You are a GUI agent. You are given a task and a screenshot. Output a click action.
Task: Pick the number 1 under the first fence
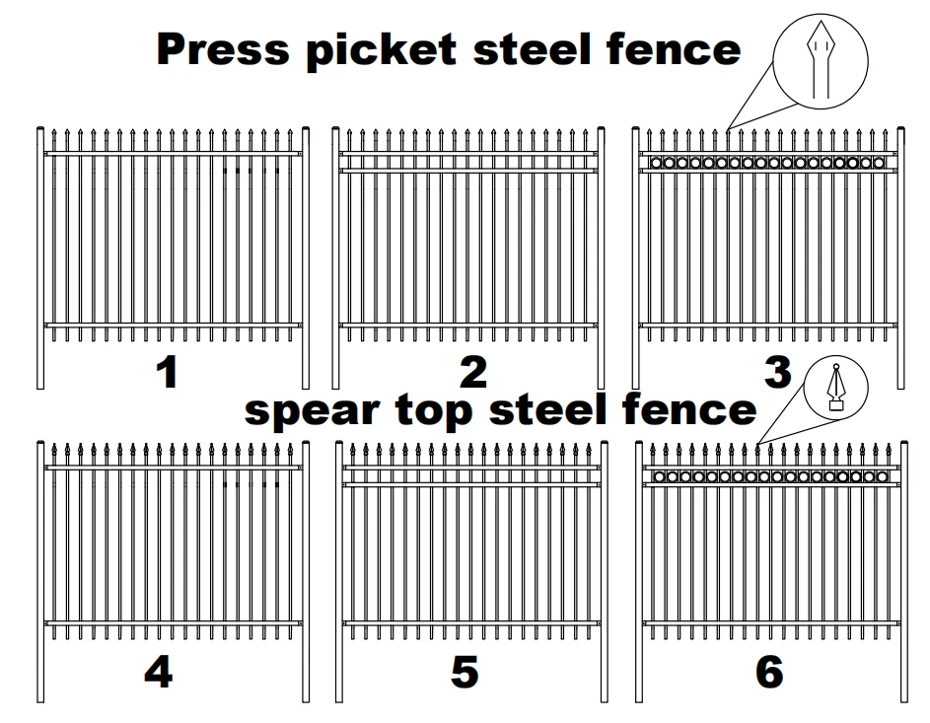[169, 373]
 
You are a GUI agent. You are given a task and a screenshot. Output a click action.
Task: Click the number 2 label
[473, 373]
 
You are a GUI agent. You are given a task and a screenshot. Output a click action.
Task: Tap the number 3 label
[777, 373]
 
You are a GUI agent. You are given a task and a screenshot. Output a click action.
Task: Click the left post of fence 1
[39, 256]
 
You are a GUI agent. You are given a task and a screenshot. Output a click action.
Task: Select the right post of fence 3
[901, 256]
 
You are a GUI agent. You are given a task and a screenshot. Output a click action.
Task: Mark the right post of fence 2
[603, 256]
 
